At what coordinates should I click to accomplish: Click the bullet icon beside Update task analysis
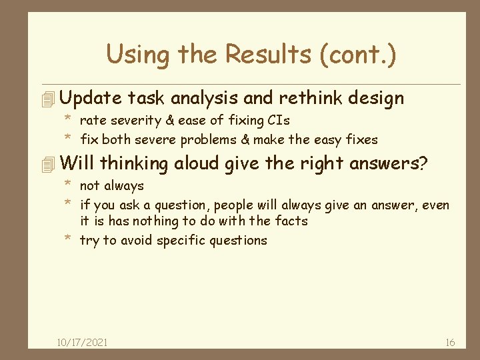click(x=45, y=99)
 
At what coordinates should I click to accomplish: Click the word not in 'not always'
click(x=90, y=186)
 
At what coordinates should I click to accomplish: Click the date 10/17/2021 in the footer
click(x=83, y=342)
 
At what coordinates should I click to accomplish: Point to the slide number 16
click(x=450, y=342)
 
